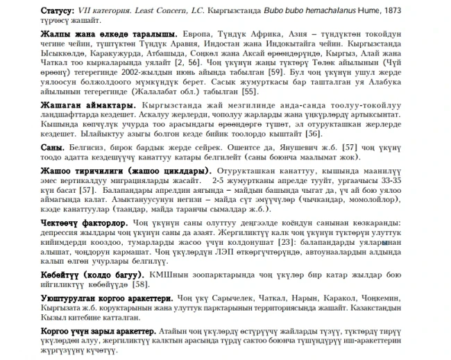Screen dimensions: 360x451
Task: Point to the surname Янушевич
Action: pyautogui.click(x=304, y=148)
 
